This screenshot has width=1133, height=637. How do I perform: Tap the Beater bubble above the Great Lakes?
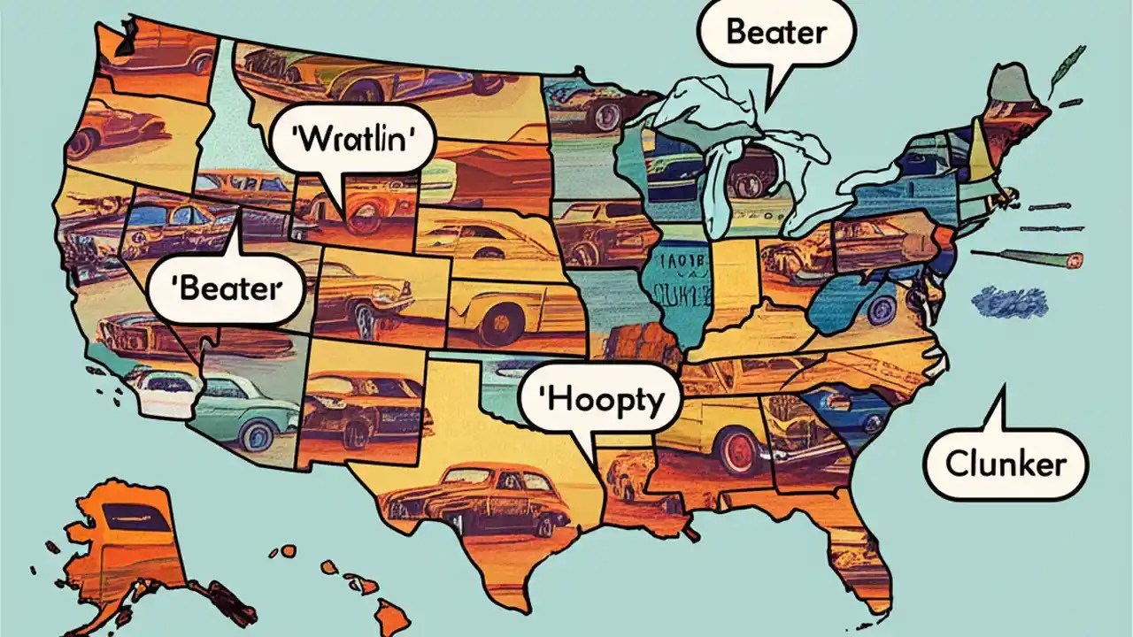coord(775,33)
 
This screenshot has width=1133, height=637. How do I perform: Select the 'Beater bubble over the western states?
coord(224,288)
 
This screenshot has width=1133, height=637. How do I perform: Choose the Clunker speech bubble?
coord(1005,464)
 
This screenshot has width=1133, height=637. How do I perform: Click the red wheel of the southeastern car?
coord(740,451)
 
